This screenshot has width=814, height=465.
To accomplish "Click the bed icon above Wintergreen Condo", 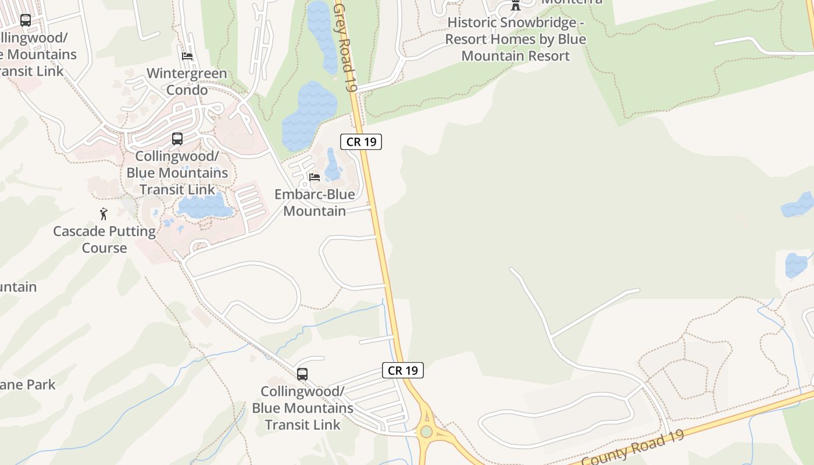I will [x=187, y=56].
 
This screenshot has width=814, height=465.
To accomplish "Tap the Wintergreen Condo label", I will [x=187, y=82].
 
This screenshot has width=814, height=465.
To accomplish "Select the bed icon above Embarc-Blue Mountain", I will [x=315, y=177].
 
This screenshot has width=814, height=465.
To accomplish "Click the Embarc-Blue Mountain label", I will [x=315, y=202].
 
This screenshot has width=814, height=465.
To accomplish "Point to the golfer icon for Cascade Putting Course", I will [x=104, y=214].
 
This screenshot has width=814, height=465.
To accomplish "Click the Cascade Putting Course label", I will [x=105, y=239].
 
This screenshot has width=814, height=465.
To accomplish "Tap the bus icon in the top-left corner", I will [x=26, y=20].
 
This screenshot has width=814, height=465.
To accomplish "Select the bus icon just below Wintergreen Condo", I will [x=177, y=139].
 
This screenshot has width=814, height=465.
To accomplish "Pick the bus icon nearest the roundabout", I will [x=302, y=374].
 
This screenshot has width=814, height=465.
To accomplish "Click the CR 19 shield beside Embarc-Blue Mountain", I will [x=361, y=141].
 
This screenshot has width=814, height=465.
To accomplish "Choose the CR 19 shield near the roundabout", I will [x=403, y=370].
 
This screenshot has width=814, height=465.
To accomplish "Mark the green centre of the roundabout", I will [x=427, y=431].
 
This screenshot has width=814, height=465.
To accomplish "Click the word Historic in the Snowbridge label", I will [x=473, y=23].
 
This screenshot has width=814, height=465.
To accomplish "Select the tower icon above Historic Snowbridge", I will [x=515, y=6].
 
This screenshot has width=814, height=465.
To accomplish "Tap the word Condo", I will [x=187, y=90].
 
